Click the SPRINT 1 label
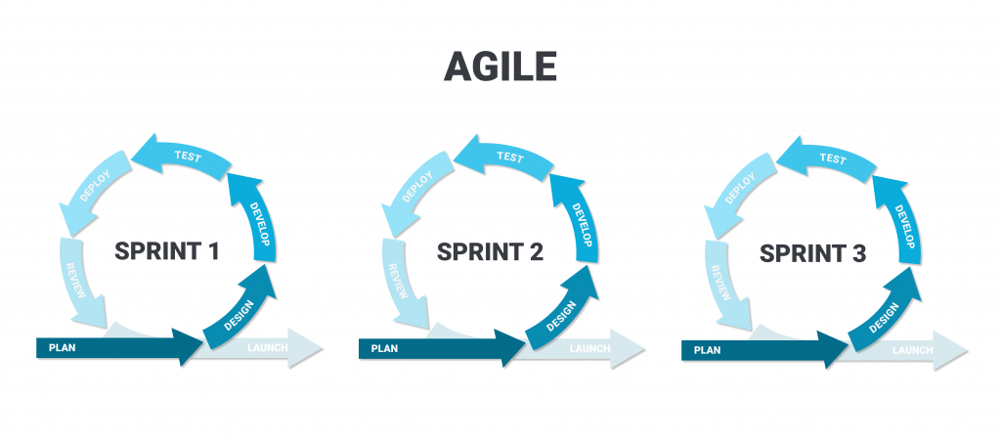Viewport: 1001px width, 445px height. [166, 251]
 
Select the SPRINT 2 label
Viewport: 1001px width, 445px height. [489, 251]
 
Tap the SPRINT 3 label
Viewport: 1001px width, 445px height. [812, 254]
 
